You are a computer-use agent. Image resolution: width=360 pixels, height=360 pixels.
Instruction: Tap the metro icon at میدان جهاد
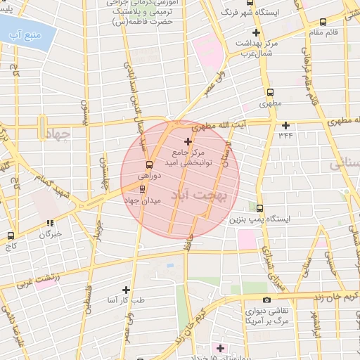[143, 189]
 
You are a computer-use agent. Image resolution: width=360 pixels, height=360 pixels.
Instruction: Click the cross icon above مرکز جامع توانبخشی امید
[187, 141]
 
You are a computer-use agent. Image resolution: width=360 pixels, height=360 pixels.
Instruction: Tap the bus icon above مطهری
[270, 92]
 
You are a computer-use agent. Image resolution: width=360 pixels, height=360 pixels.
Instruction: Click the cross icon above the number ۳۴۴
[285, 125]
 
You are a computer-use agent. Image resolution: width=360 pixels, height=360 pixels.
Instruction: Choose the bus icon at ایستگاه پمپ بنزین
[260, 208]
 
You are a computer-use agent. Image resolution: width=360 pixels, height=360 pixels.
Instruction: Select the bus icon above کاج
[11, 236]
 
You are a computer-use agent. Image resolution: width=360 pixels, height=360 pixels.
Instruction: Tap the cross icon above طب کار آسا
[126, 289]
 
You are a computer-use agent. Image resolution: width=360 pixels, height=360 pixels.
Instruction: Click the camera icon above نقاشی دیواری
[266, 300]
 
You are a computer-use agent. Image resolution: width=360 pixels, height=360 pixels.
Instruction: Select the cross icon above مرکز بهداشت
[256, 32]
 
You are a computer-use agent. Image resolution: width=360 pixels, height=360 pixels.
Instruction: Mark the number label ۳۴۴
[285, 135]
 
